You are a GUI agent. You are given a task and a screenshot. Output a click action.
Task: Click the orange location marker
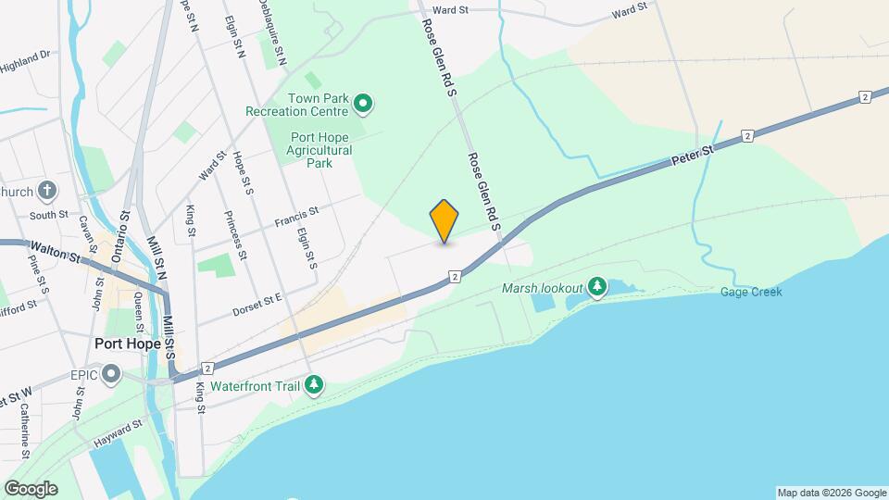coord(444,221)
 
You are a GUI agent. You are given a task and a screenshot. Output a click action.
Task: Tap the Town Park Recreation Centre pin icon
coord(364,105)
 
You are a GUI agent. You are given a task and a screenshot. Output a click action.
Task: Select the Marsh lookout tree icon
coord(597,287)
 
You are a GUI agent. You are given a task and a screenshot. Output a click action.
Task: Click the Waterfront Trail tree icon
coord(315,384)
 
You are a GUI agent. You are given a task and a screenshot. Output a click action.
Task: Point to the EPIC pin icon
coord(112,376)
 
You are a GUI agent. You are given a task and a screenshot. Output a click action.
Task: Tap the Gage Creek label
coord(751,292)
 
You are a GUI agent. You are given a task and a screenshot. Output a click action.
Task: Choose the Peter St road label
coord(693,156)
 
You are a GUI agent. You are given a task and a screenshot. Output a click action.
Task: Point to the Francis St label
coord(296,217)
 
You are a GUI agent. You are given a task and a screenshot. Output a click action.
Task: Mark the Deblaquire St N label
coord(270,31)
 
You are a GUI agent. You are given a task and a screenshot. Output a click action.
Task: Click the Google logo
coord(31,489)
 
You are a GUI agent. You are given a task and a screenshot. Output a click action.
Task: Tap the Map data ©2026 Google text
coord(832,493)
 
